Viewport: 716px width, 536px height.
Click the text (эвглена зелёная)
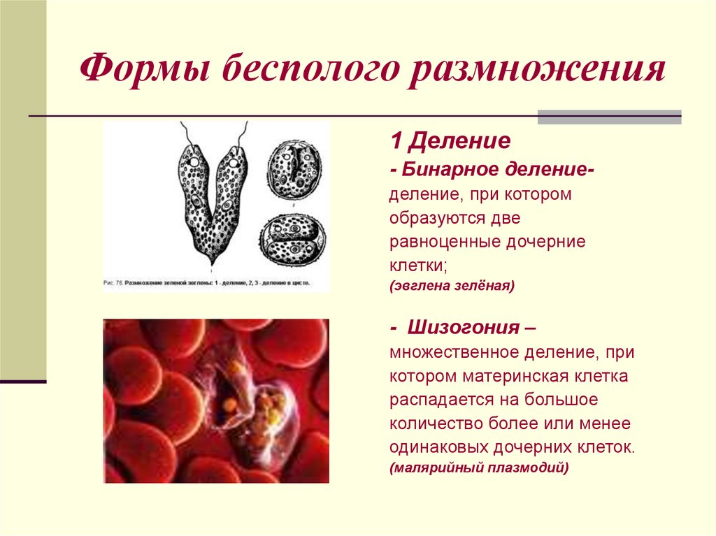tap(452, 286)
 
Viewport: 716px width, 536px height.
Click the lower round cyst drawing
tap(293, 238)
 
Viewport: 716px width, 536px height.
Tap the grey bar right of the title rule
tap(609, 117)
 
